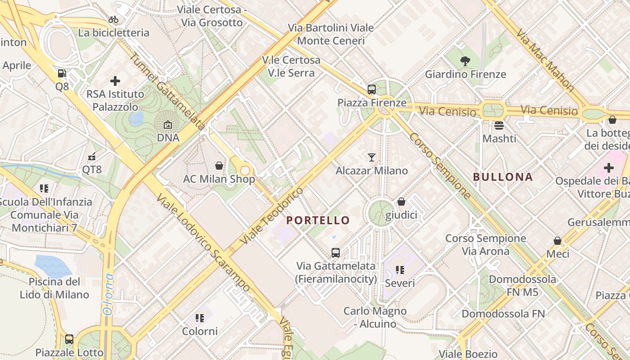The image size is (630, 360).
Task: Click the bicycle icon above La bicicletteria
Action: (113, 19)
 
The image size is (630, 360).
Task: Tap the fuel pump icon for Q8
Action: (62, 73)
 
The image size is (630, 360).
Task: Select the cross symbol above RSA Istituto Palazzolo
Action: (115, 81)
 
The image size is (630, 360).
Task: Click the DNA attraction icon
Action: (168, 125)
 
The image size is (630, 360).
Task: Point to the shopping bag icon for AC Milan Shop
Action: (219, 166)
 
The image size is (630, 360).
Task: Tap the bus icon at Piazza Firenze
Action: (372, 89)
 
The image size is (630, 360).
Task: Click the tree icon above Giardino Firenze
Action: (465, 61)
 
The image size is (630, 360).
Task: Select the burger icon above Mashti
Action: (499, 125)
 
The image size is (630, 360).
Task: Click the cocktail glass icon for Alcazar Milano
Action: (372, 157)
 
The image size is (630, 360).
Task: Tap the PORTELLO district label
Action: (318, 220)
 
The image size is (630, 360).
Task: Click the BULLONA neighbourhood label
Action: (503, 177)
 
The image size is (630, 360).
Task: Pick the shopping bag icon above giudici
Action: (401, 202)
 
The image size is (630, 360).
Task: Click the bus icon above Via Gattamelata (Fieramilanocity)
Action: (336, 252)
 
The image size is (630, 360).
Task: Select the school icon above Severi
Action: (400, 270)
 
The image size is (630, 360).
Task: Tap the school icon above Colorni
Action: (200, 318)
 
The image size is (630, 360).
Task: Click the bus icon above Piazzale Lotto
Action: (69, 339)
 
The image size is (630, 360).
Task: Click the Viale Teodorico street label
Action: (272, 217)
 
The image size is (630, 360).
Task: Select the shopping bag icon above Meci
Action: (558, 241)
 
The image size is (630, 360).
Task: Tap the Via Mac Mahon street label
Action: (545, 60)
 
